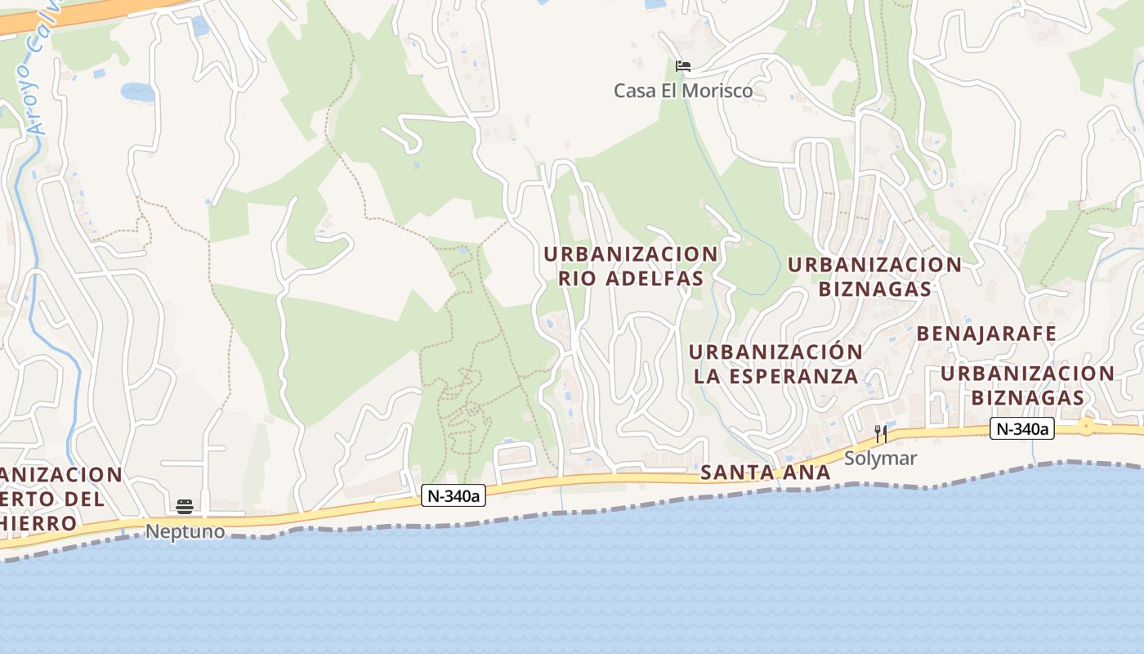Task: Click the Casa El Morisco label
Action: [683, 91]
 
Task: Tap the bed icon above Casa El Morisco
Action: [683, 66]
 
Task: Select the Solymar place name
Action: [880, 459]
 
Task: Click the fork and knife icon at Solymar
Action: [880, 433]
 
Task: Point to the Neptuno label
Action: [185, 531]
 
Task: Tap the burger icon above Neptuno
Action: [185, 506]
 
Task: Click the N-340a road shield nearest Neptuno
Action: [454, 495]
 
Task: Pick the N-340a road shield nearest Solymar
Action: [1021, 428]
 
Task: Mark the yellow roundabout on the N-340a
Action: [1086, 426]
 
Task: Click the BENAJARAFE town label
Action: [986, 334]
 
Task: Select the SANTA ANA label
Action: [765, 473]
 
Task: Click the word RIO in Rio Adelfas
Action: [578, 279]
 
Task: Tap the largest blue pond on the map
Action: [137, 92]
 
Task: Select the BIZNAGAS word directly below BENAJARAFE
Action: [1027, 398]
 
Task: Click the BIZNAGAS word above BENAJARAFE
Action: [874, 289]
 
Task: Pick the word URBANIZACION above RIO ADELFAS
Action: [630, 254]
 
